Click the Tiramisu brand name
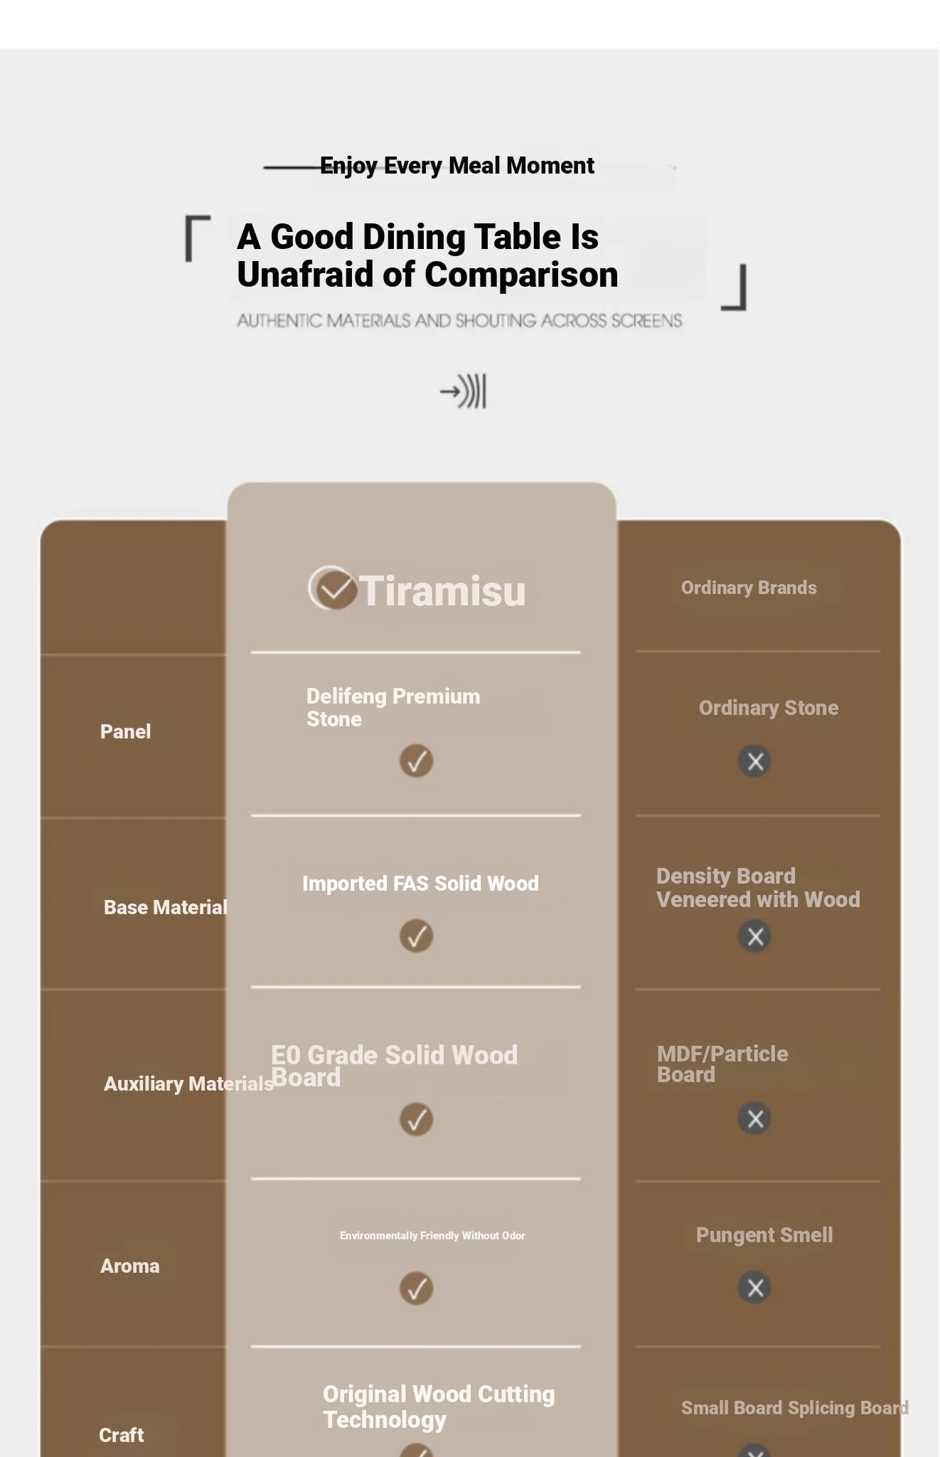click(x=442, y=591)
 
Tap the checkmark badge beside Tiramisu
click(x=332, y=588)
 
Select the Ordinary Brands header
click(x=749, y=588)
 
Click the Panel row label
click(x=125, y=731)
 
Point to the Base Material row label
click(x=166, y=907)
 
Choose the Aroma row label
click(x=129, y=1266)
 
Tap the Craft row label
click(x=121, y=1435)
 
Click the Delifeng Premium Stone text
click(x=393, y=707)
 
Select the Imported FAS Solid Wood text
click(x=420, y=884)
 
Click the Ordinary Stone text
click(x=769, y=708)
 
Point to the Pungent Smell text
click(x=764, y=1235)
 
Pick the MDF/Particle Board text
click(x=722, y=1064)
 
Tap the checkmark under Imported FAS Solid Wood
click(x=417, y=936)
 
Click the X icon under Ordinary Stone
click(x=755, y=761)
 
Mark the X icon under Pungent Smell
click(x=755, y=1288)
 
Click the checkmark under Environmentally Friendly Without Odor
click(x=417, y=1288)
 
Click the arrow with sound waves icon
click(x=463, y=391)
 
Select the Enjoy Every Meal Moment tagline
click(x=457, y=166)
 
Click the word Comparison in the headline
click(x=521, y=275)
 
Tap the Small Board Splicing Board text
click(x=795, y=1408)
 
